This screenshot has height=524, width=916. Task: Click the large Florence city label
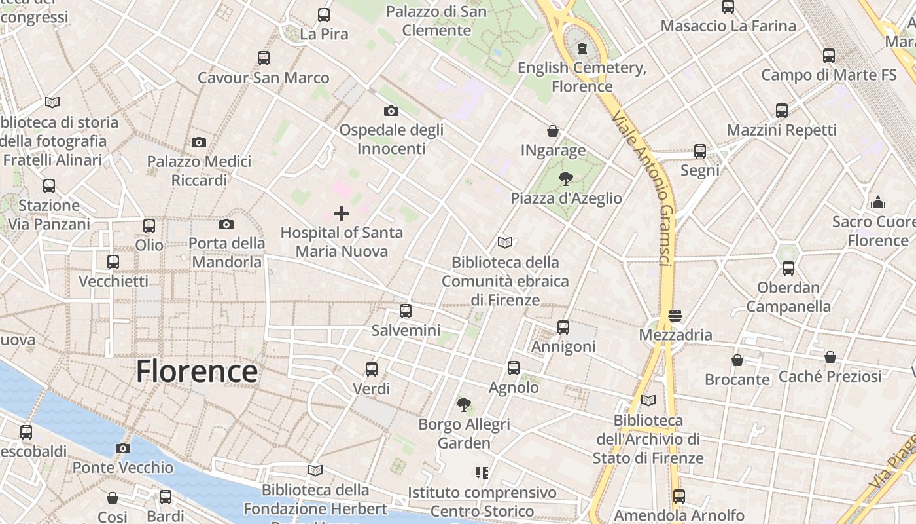(x=197, y=371)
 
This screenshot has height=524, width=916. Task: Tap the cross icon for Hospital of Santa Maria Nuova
(x=342, y=214)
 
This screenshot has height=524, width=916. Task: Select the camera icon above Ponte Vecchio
(x=122, y=449)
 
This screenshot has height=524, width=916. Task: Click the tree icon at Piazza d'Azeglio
(x=566, y=178)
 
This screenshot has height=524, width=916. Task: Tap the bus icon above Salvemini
(x=406, y=311)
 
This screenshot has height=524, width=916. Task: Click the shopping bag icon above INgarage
(x=553, y=132)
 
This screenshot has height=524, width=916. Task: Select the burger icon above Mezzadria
(x=675, y=316)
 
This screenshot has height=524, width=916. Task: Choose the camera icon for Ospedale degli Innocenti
(x=391, y=111)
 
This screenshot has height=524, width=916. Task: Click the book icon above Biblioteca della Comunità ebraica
(x=504, y=243)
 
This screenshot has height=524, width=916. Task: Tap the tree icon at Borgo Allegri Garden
(x=464, y=405)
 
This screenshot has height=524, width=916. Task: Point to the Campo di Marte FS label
(x=828, y=75)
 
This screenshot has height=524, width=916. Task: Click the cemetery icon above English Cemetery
(x=582, y=48)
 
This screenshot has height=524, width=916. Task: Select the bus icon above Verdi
(x=372, y=369)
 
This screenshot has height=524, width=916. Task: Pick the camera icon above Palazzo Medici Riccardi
(x=199, y=142)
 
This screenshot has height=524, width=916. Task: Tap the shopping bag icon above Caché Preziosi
(x=830, y=357)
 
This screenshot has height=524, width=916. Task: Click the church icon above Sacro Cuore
(x=878, y=202)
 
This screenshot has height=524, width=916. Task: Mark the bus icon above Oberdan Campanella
(x=788, y=269)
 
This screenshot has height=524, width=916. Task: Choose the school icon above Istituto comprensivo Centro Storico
(x=483, y=472)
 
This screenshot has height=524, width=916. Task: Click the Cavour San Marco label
(x=264, y=78)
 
